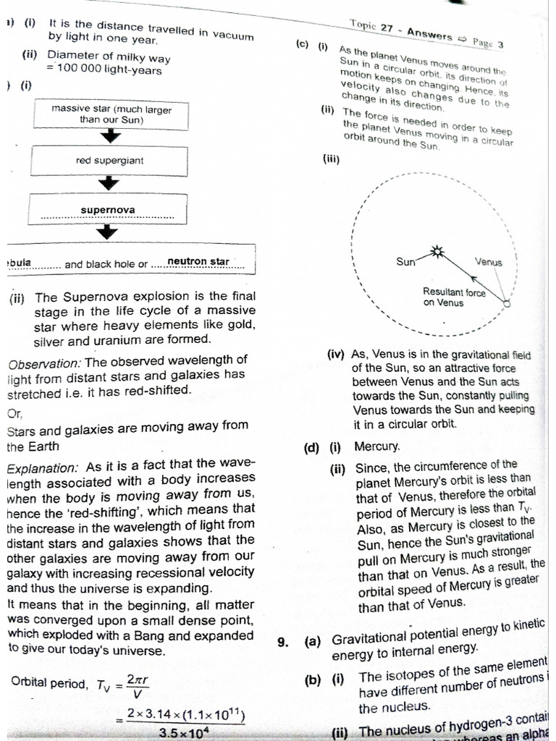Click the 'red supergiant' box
pos(109,161)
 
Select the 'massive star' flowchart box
pos(111,114)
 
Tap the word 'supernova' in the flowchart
pos(107,210)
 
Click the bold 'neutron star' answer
pos(198,261)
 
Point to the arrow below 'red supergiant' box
pos(109,183)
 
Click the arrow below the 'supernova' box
pos(108,231)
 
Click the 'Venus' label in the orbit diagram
pos(488,262)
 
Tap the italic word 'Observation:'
pos(46,360)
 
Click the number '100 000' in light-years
pos(88,70)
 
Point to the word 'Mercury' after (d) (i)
pos(376,446)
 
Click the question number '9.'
pos(283,640)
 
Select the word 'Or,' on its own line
pos(14,413)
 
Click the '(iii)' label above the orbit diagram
pos(331,159)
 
